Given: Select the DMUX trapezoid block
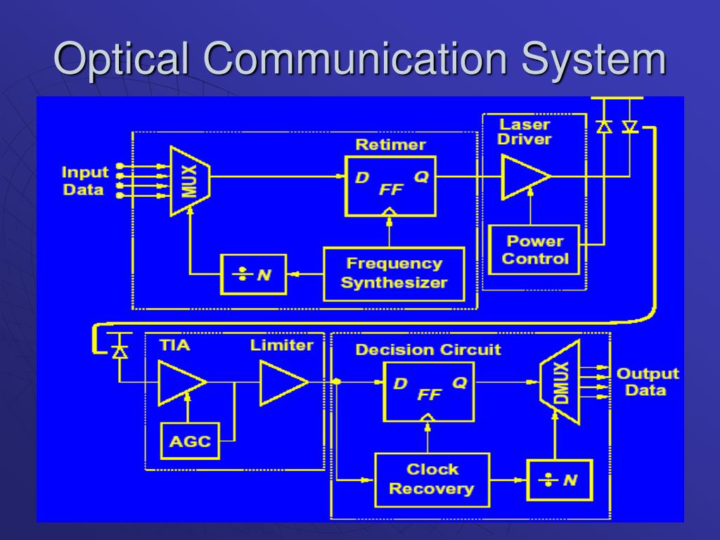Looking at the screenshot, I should coord(560,382).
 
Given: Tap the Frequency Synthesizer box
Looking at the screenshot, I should coord(394,274).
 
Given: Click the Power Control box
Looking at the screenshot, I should coord(534,250).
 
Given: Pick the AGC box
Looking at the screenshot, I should coord(190,441).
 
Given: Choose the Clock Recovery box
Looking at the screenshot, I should coord(432,480).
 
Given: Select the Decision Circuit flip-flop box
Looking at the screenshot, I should coord(428,392).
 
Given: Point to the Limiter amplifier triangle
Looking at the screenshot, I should coord(281,382).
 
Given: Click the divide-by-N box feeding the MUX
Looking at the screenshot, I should coord(254,274).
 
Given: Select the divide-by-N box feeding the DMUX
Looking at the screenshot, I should coord(560,480).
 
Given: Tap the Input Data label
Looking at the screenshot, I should coord(84,181).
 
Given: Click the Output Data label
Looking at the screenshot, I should coord(647,382).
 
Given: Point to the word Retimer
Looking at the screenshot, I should coord(390,145).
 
